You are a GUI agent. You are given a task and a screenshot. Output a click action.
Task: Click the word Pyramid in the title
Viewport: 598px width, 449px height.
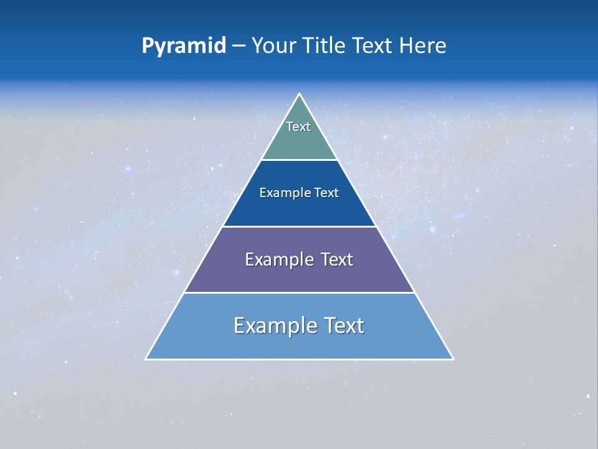[x=184, y=46]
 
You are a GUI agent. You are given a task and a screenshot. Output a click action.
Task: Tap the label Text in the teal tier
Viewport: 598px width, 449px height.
[x=298, y=127]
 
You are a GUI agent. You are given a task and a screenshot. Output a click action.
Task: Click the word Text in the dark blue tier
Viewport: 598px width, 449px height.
[x=326, y=193]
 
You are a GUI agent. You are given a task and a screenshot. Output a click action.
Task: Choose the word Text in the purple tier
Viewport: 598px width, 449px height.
[x=337, y=259]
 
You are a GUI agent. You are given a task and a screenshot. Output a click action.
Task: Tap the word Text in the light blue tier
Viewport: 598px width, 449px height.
[x=341, y=326]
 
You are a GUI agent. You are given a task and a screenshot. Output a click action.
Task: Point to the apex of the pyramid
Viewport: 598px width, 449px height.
[x=300, y=94]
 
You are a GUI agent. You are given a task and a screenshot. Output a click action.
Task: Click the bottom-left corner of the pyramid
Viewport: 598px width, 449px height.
[x=146, y=359]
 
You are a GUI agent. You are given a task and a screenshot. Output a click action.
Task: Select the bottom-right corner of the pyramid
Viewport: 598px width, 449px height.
[x=453, y=359]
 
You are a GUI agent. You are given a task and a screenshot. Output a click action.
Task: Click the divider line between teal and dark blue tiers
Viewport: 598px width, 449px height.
[x=300, y=160]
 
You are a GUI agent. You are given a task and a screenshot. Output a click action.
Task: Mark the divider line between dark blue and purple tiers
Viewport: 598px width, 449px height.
[x=300, y=226]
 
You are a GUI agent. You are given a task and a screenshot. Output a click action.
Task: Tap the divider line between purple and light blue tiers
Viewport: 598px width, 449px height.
[x=300, y=292]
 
